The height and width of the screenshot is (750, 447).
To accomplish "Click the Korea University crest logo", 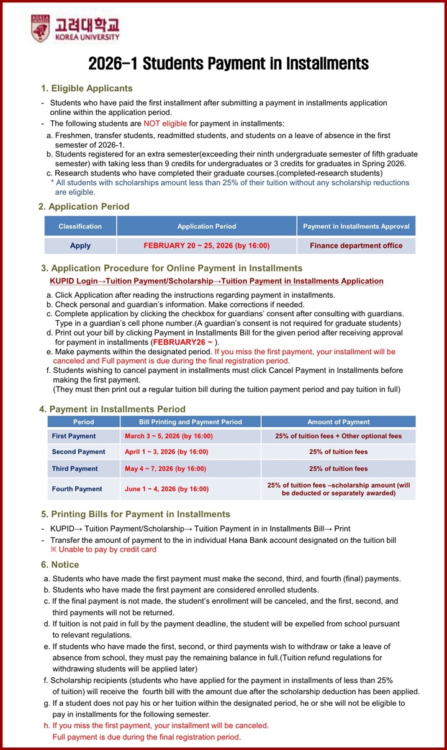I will point(40,29).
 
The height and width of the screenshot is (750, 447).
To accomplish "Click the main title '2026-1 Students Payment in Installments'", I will point(228,64).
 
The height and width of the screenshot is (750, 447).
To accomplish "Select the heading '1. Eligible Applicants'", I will point(87,88).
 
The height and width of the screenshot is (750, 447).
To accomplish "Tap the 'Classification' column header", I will point(80,226).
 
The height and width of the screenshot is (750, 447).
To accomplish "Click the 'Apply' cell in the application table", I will point(80,246).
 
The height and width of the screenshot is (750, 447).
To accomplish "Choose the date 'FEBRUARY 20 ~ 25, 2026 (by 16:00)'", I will point(207,246).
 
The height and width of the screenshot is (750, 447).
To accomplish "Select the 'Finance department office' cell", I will point(356,246).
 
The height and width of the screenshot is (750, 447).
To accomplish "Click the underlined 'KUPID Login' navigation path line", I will point(217,281).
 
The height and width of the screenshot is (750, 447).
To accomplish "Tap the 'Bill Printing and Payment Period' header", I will point(191,422).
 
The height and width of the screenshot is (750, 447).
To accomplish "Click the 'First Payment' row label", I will point(74,436).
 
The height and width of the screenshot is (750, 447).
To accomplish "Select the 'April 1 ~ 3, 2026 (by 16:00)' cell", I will point(166,452).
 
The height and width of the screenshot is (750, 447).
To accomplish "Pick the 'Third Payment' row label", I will point(74,468).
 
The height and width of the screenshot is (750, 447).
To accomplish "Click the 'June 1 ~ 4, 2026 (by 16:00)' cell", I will point(166,489).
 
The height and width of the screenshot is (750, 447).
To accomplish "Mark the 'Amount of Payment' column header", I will point(338,422).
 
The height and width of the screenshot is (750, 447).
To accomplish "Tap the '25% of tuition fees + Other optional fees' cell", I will point(338,436).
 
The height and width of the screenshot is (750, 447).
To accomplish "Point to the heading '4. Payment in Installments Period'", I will point(112,409).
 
